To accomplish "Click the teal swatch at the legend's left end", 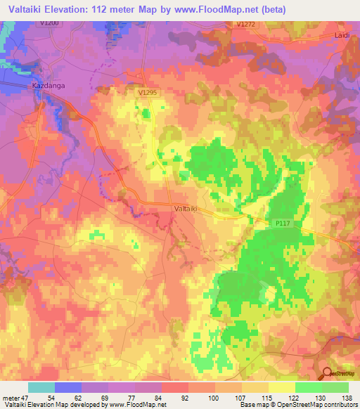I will point(41,387).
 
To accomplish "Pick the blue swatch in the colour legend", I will point(67,387).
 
